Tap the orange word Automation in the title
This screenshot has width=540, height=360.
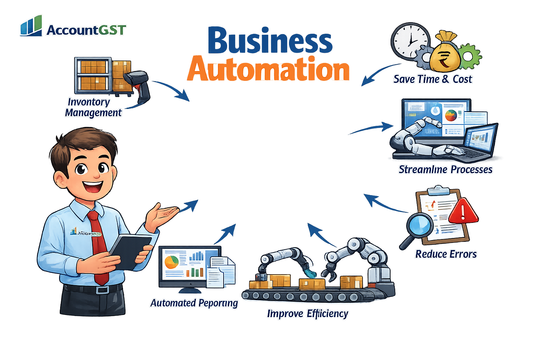(x=269, y=69)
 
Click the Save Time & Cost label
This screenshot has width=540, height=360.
(x=432, y=79)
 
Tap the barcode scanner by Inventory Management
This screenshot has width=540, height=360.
(x=139, y=83)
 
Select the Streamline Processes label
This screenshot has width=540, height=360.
(x=445, y=169)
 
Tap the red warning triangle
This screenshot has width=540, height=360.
(x=463, y=211)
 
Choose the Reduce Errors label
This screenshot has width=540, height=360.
(x=446, y=254)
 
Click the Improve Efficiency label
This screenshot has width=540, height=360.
(x=308, y=314)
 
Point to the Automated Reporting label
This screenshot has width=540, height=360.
(x=194, y=303)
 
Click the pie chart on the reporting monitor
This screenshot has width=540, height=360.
(x=172, y=262)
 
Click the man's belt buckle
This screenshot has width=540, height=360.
(x=103, y=290)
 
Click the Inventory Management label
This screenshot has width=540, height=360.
(x=93, y=107)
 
